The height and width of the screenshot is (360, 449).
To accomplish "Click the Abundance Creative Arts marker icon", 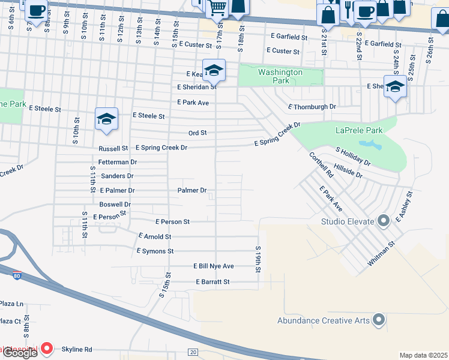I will click(x=378, y=320).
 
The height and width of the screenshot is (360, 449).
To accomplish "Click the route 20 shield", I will click(x=193, y=352).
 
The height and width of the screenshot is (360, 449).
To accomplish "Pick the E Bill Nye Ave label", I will click(x=213, y=266).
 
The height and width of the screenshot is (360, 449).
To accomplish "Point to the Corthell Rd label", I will click(x=321, y=164).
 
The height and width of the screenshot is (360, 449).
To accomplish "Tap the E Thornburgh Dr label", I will click(x=312, y=107).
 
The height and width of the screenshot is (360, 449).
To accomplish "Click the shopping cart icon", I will click(x=217, y=8).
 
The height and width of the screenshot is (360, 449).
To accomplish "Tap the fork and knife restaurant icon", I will click(x=347, y=8).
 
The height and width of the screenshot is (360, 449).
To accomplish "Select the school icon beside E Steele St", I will click(x=106, y=119).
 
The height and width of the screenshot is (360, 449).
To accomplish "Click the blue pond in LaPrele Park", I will click(x=369, y=145).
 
